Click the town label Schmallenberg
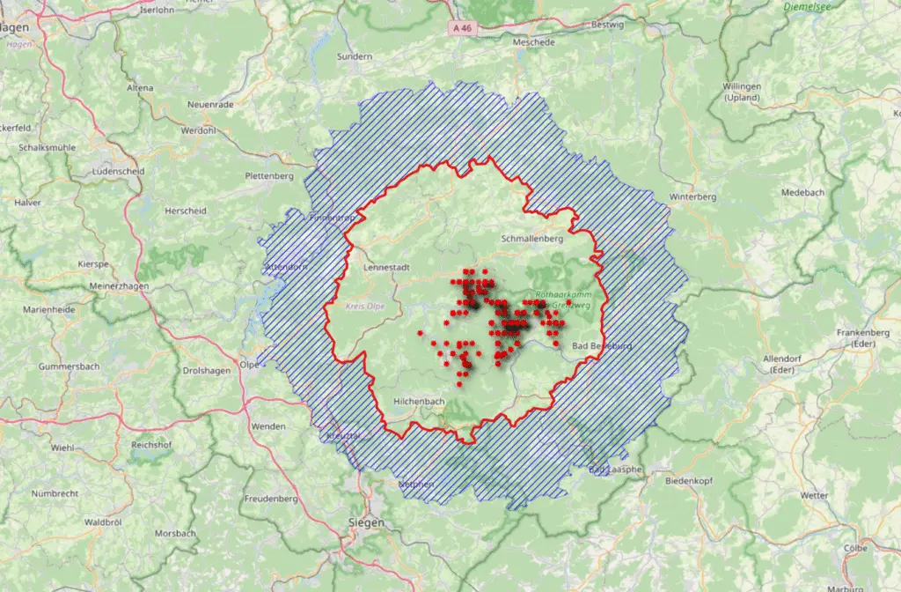tap(531, 239)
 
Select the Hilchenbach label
tap(419, 402)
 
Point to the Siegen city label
tap(366, 523)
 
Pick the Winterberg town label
tap(694, 196)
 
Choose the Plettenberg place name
tap(268, 176)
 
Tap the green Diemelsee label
tap(806, 7)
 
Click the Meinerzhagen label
tap(120, 286)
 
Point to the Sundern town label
tap(355, 56)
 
